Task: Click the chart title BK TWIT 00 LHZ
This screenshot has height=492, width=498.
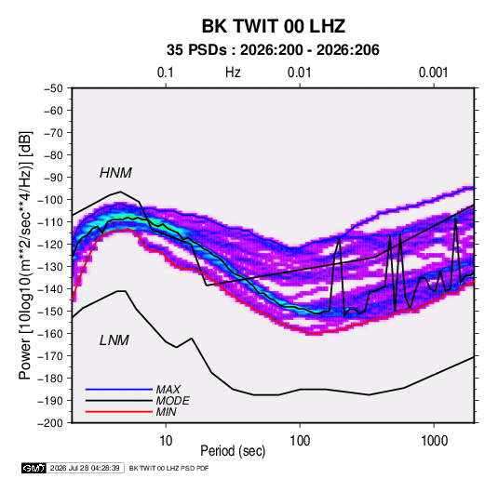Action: [274, 26]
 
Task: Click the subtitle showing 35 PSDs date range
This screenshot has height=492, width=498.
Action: [273, 50]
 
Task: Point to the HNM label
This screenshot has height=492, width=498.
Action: [115, 173]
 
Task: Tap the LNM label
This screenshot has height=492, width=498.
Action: [114, 340]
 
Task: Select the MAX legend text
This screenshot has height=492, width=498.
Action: [168, 390]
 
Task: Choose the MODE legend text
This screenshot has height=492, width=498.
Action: [172, 401]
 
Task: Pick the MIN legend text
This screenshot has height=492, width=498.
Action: [166, 412]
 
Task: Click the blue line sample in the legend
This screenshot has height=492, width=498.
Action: [119, 390]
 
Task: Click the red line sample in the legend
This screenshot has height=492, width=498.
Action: [119, 412]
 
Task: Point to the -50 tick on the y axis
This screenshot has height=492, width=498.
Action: [53, 88]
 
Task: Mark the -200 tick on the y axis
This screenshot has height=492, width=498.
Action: [51, 423]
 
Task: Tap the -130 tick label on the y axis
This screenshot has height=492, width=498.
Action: [51, 267]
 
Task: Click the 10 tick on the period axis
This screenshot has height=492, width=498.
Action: [166, 441]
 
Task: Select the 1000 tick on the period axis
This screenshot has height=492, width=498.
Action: [434, 441]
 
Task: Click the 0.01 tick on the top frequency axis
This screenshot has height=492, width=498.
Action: [299, 73]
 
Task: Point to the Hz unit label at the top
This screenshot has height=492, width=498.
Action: [233, 73]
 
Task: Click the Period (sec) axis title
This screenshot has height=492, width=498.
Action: [233, 451]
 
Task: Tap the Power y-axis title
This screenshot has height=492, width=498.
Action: [25, 255]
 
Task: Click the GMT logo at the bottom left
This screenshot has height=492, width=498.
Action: [34, 468]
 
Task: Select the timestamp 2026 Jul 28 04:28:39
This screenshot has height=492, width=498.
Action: [85, 468]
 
